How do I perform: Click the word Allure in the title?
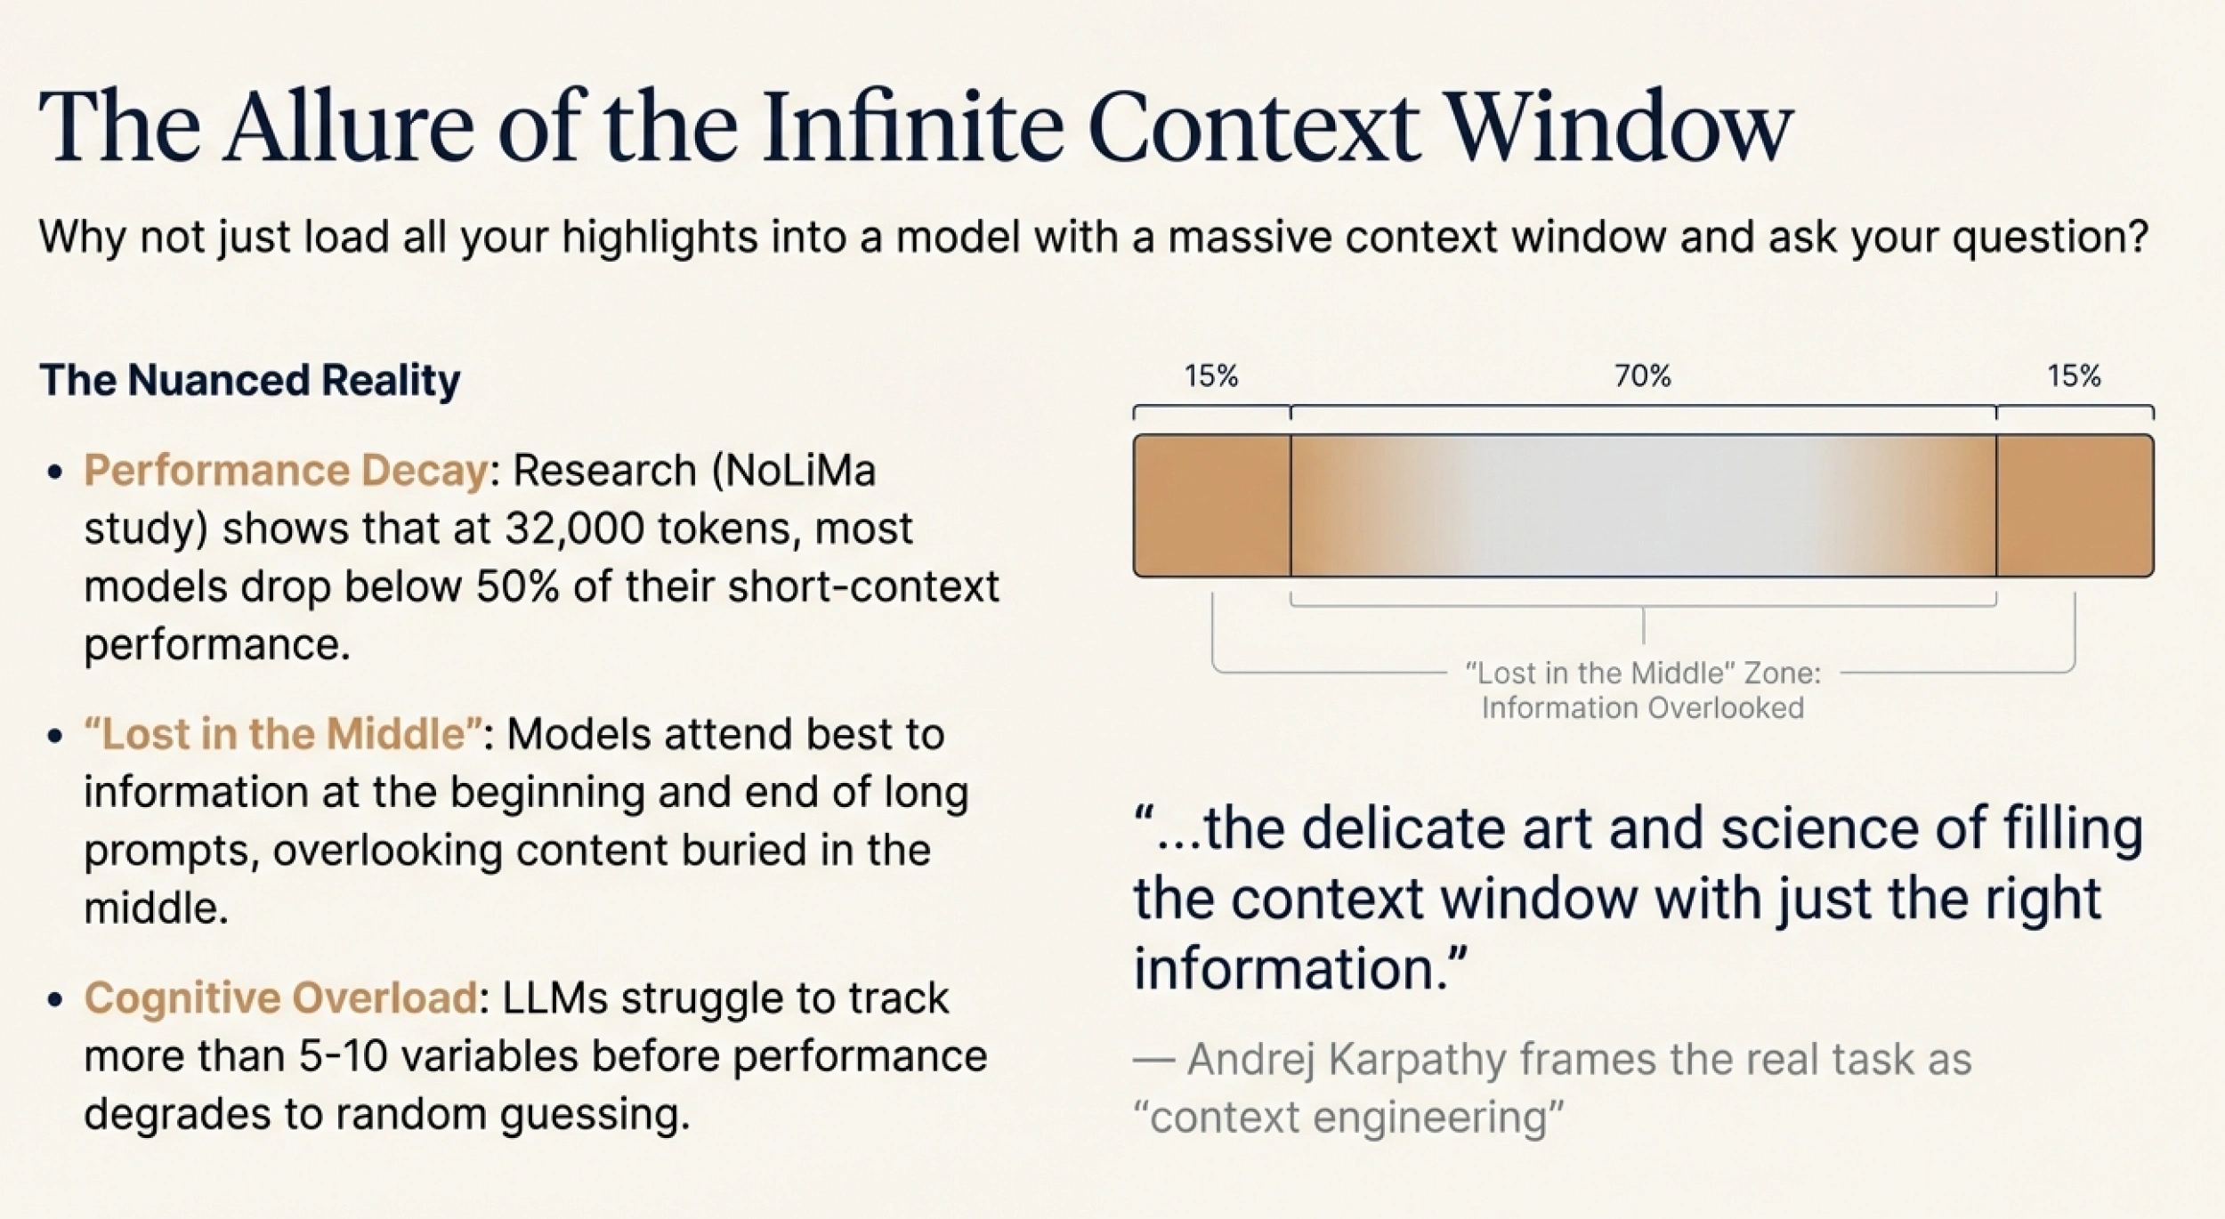click(x=348, y=127)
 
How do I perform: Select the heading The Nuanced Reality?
click(x=250, y=380)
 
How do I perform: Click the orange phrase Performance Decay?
click(x=286, y=470)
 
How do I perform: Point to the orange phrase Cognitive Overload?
click(x=280, y=997)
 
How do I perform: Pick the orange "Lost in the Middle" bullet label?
click(x=283, y=734)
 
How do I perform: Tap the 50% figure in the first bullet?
click(x=517, y=586)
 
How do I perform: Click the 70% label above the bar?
click(x=1643, y=376)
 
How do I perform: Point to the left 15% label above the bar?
click(x=1210, y=376)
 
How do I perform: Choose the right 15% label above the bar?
click(x=2074, y=376)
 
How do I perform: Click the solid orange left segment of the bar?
click(x=1211, y=505)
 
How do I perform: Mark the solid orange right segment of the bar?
click(x=2075, y=505)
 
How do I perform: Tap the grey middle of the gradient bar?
click(x=1643, y=505)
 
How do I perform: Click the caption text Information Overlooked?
click(x=1643, y=708)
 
